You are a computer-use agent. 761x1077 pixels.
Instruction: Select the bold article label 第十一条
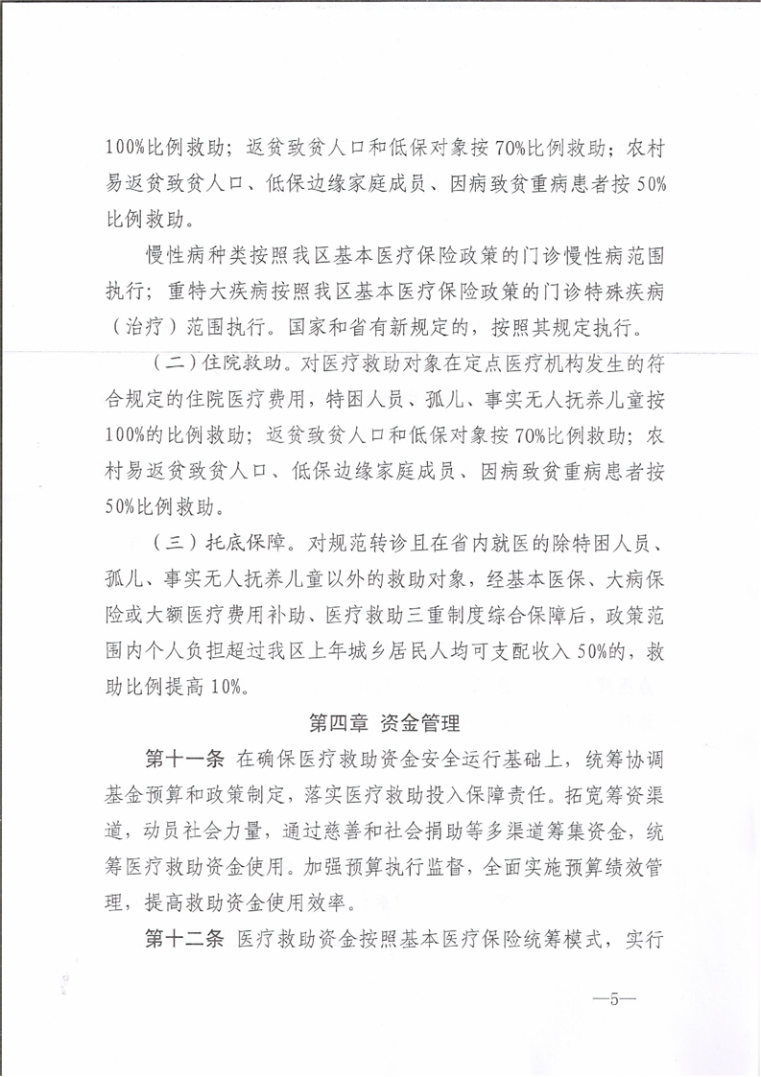(x=183, y=760)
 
